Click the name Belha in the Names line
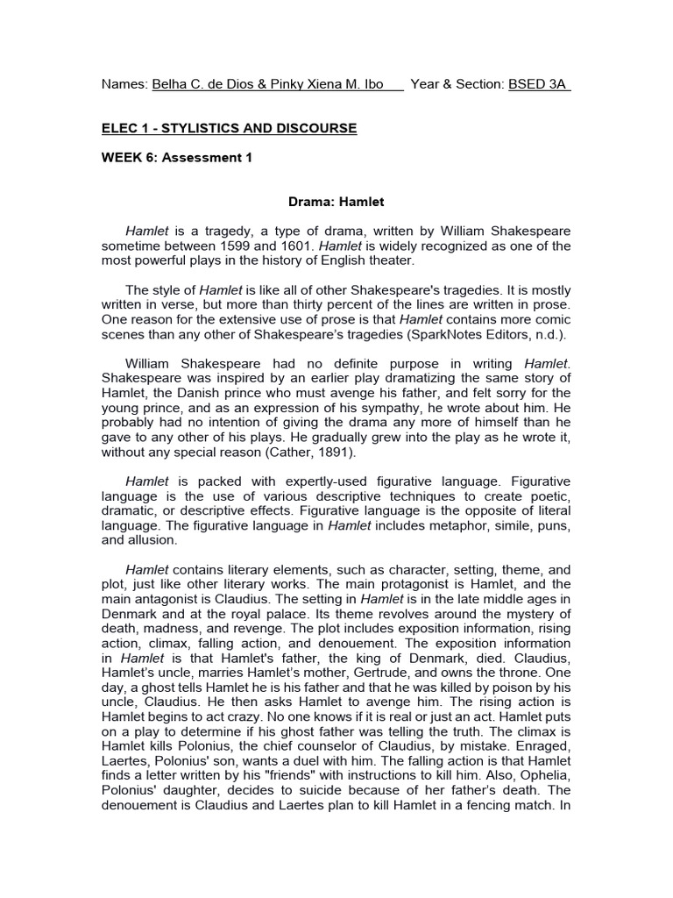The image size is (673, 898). [170, 85]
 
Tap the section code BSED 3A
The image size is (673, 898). [539, 85]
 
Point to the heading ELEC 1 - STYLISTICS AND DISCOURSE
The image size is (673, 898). [230, 128]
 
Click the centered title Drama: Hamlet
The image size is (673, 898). [336, 202]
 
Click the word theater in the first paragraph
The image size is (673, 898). [386, 261]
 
